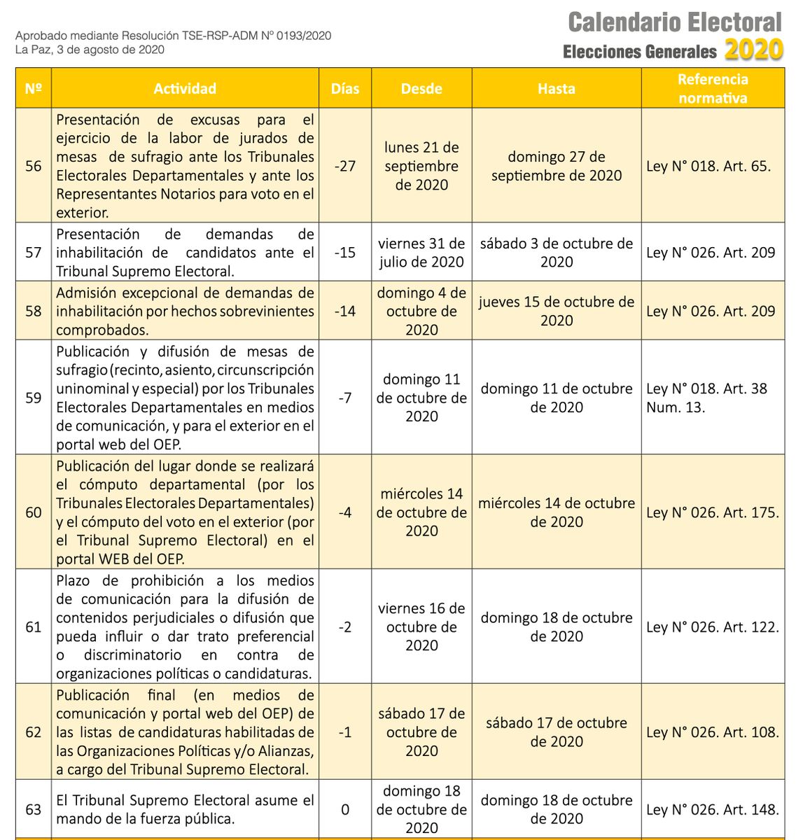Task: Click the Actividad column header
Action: [185, 89]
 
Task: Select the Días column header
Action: [345, 89]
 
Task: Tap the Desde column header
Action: [421, 89]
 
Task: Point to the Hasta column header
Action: [557, 89]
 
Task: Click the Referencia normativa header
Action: [713, 89]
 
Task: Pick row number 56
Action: [34, 166]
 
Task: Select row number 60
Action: [34, 512]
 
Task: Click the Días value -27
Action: [345, 166]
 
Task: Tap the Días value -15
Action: [345, 253]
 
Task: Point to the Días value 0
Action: [345, 810]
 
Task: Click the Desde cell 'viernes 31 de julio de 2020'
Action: [421, 253]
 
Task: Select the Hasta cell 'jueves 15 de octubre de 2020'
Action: [557, 311]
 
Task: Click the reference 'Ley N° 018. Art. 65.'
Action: [708, 166]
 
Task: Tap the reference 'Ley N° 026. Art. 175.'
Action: [713, 512]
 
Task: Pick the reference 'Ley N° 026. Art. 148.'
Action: [713, 810]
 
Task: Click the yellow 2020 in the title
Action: [754, 50]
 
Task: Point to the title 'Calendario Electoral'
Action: [675, 22]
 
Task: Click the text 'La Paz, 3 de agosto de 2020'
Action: [90, 50]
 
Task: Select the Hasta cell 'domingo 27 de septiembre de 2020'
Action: [557, 166]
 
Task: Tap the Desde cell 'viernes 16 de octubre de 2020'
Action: [421, 627]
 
